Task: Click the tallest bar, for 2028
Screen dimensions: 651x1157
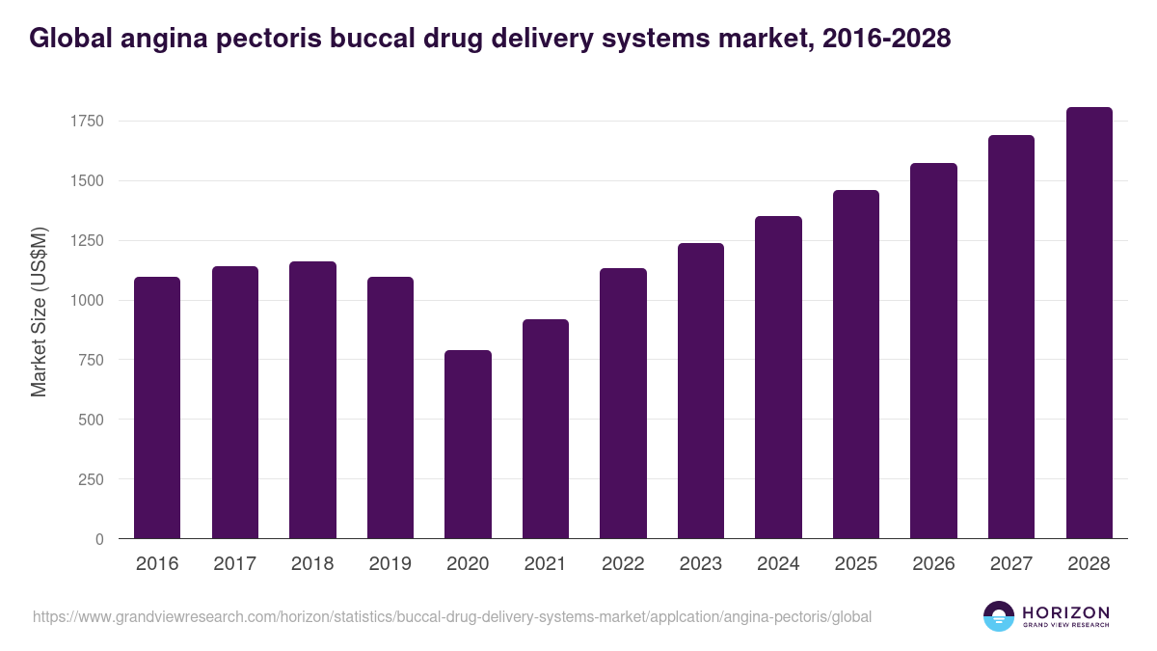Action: [x=1089, y=323]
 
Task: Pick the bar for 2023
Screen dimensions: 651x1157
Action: [x=701, y=391]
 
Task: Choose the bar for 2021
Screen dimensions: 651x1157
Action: [x=546, y=428]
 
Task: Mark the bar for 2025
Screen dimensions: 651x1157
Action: [x=856, y=365]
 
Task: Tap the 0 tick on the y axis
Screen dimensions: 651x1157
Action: [x=99, y=539]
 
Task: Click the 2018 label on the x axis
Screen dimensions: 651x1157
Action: [x=312, y=564]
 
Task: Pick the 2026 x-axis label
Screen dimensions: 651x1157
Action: [x=933, y=564]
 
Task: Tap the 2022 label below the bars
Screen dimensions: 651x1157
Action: [x=623, y=564]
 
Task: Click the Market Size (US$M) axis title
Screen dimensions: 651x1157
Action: [x=39, y=311]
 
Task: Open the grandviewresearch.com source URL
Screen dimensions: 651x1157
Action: [x=452, y=616]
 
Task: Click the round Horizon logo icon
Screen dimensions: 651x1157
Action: [x=999, y=616]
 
